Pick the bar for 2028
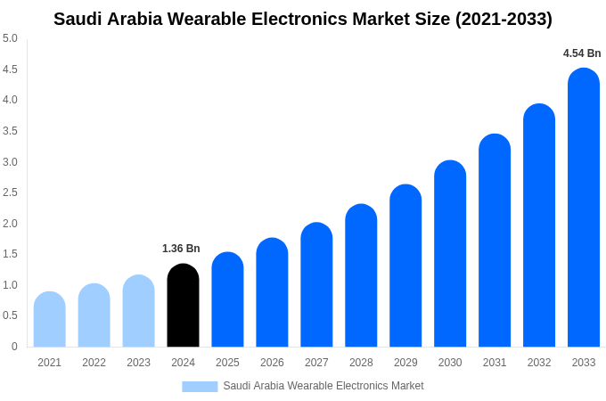coord(361,275)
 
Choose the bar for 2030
coord(450,254)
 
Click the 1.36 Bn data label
coord(181,249)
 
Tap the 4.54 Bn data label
coord(582,53)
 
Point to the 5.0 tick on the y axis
coord(10,38)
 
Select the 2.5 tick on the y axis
coord(10,192)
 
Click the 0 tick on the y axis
coord(14,347)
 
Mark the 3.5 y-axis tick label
coord(10,131)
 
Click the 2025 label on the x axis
coord(227,363)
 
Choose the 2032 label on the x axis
coord(539,363)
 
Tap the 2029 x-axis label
coord(405,363)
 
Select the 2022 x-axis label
coord(94,363)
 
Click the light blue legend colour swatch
coord(200,387)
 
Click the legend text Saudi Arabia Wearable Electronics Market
coord(323,386)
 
